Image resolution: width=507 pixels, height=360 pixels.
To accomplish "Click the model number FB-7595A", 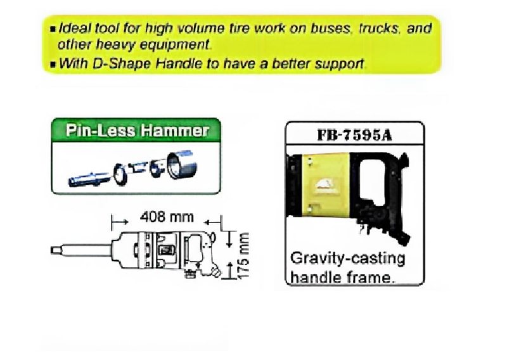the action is [x=355, y=134].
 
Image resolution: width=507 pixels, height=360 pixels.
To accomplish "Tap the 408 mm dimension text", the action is [x=167, y=217].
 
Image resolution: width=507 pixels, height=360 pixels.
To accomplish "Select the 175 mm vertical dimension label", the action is [x=243, y=255].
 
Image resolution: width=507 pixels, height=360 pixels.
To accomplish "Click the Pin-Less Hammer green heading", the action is [x=137, y=131].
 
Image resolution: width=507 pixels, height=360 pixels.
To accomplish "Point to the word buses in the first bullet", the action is [x=330, y=29].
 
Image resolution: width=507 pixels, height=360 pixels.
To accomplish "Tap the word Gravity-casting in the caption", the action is [x=347, y=259].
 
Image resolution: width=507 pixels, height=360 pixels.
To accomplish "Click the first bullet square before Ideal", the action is [x=53, y=29].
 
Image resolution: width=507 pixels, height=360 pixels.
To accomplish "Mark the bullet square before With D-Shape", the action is [x=53, y=64].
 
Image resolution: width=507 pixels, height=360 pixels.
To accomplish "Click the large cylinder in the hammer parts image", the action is [x=181, y=164].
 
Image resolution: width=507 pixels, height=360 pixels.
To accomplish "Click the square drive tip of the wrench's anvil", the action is [x=55, y=250].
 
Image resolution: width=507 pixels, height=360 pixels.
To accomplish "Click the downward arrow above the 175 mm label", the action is [x=229, y=238].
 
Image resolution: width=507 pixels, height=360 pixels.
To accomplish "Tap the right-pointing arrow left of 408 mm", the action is [x=120, y=222].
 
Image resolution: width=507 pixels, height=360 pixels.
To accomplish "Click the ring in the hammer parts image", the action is [x=120, y=174].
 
